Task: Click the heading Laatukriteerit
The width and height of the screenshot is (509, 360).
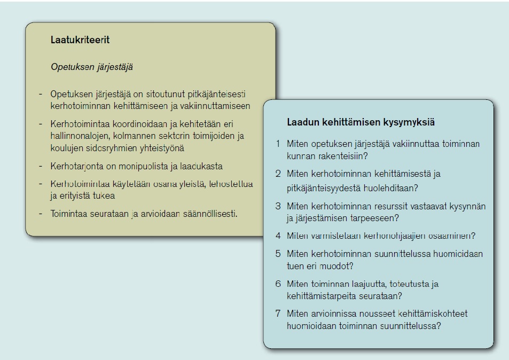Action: click(x=80, y=40)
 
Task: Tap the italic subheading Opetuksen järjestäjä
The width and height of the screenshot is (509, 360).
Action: click(x=91, y=67)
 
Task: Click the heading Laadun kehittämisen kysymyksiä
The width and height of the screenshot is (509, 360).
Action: click(x=361, y=122)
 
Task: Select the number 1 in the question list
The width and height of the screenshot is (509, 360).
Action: click(x=278, y=144)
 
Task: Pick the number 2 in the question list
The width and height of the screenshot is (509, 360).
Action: click(x=278, y=174)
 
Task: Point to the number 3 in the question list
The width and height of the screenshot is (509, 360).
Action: click(x=278, y=206)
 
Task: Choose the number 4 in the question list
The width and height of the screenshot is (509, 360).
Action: click(x=278, y=236)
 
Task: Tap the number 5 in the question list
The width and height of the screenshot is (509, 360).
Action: click(x=278, y=254)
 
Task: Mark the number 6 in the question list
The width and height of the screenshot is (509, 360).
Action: click(x=278, y=284)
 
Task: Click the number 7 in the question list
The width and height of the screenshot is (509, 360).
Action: click(x=278, y=314)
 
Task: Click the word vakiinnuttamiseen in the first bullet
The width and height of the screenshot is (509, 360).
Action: click(x=217, y=106)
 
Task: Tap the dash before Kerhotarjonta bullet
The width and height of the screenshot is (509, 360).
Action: click(x=41, y=166)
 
